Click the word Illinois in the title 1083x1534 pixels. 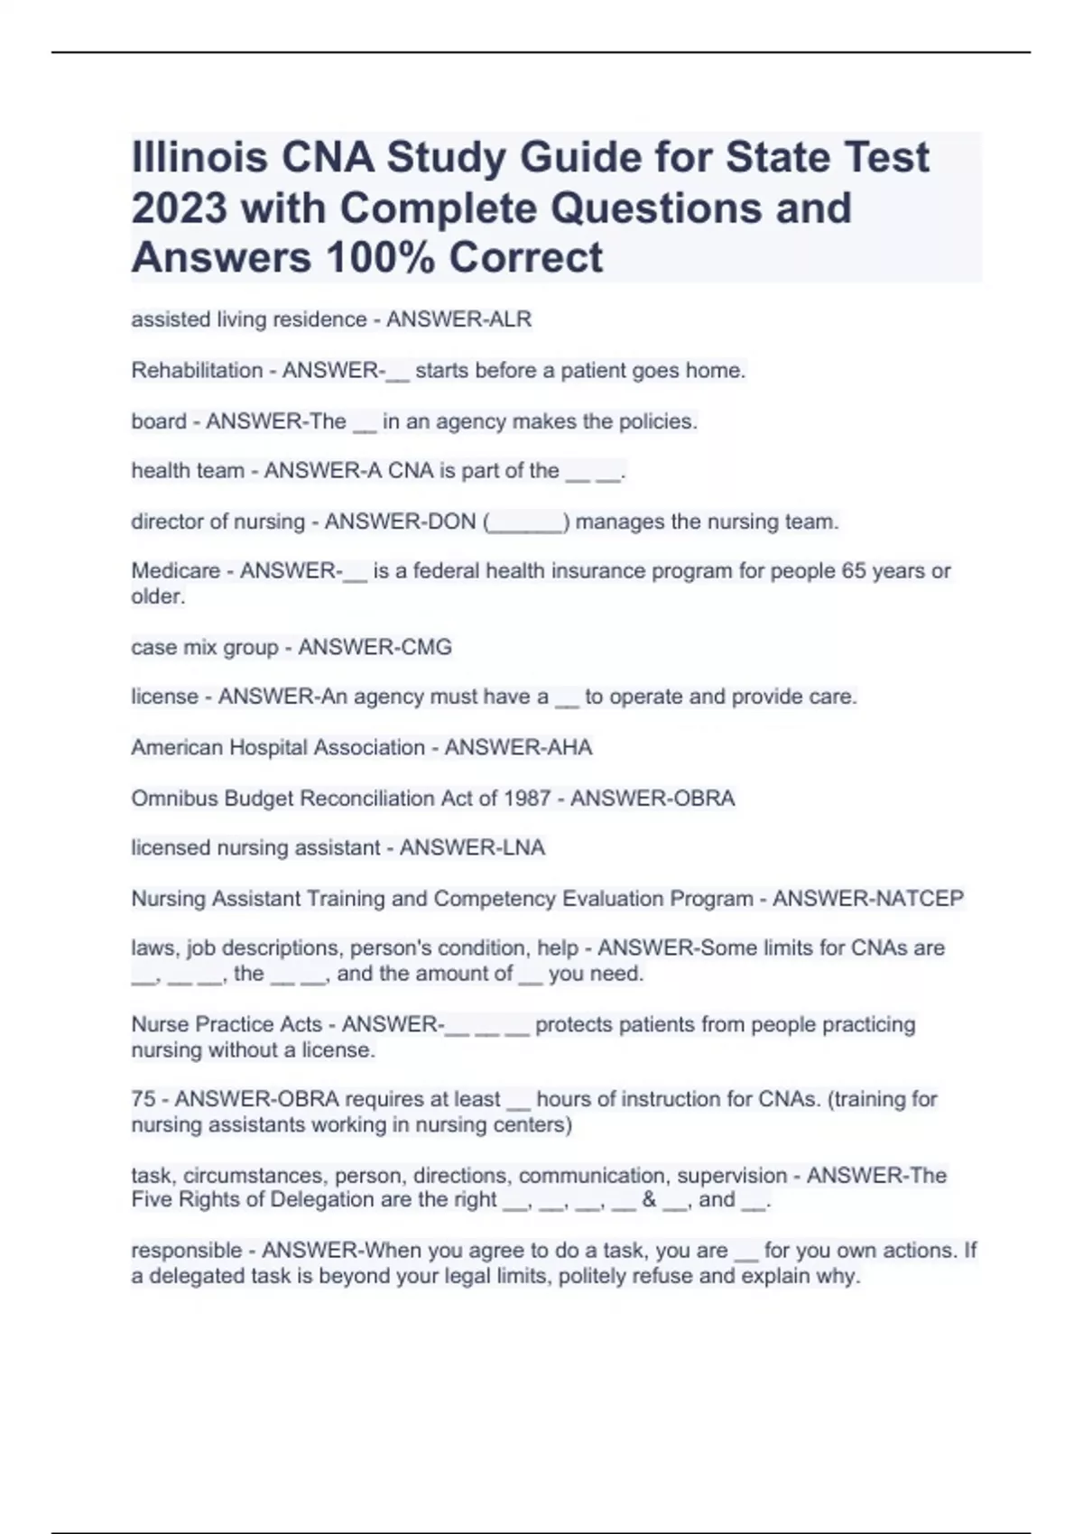[199, 157]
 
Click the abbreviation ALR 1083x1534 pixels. [510, 319]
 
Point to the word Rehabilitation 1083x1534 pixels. [197, 370]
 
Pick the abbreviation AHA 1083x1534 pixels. [569, 747]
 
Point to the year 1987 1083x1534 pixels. [528, 798]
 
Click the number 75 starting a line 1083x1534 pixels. [143, 1099]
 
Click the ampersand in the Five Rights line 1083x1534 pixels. [649, 1199]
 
